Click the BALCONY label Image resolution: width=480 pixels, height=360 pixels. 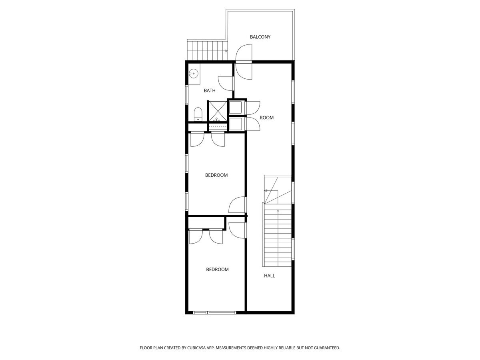(260, 37)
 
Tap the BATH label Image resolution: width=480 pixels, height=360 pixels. (210, 90)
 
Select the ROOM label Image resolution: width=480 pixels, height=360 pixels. (266, 118)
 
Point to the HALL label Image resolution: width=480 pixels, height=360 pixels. (270, 276)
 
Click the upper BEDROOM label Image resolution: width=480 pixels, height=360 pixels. (216, 175)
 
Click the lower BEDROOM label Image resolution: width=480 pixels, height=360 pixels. (217, 270)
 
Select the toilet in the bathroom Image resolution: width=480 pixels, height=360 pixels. (198, 114)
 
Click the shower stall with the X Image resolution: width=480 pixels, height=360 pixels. (217, 112)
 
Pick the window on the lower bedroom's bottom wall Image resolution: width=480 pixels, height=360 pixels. (214, 313)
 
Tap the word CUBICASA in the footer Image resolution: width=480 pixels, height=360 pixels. (196, 348)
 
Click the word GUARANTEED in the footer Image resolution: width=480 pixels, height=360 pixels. (327, 348)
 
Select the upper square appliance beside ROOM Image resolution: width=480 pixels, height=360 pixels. (235, 107)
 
